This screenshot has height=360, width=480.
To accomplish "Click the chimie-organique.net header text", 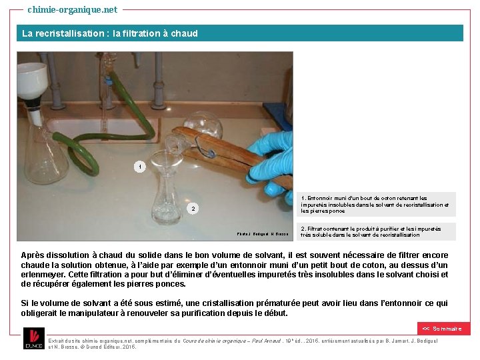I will click(72, 9).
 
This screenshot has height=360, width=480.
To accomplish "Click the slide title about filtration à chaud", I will click(110, 33).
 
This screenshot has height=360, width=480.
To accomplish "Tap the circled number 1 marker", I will click(139, 167).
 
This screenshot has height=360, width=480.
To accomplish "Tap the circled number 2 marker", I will click(193, 209).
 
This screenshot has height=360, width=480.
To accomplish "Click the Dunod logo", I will click(33, 339).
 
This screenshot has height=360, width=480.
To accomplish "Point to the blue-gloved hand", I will click(274, 160).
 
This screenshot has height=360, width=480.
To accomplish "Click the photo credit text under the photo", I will click(262, 234).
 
